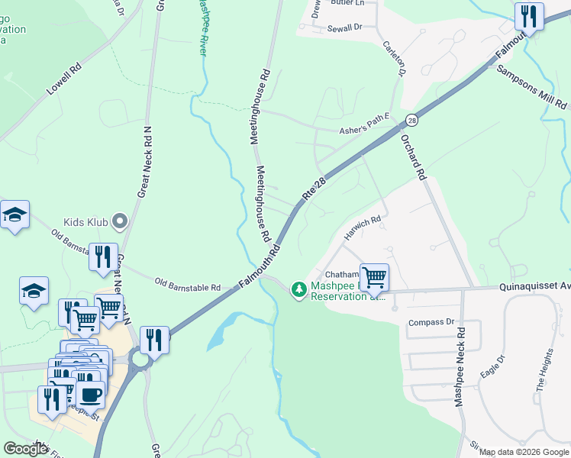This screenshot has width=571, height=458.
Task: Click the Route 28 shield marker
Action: pos(411,120)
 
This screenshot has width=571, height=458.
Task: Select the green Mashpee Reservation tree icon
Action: pos(298,289)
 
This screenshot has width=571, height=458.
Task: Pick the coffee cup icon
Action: pos(91,394)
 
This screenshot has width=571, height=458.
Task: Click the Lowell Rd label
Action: pos(63,79)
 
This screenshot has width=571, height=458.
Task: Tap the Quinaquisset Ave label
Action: pos(534,287)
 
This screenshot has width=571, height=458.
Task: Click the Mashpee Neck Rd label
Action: pos(460,367)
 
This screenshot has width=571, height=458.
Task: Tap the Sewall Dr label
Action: pos(344,27)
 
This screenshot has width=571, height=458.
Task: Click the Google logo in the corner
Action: pos(26,449)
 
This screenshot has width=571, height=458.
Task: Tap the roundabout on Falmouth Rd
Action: pos(140,356)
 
